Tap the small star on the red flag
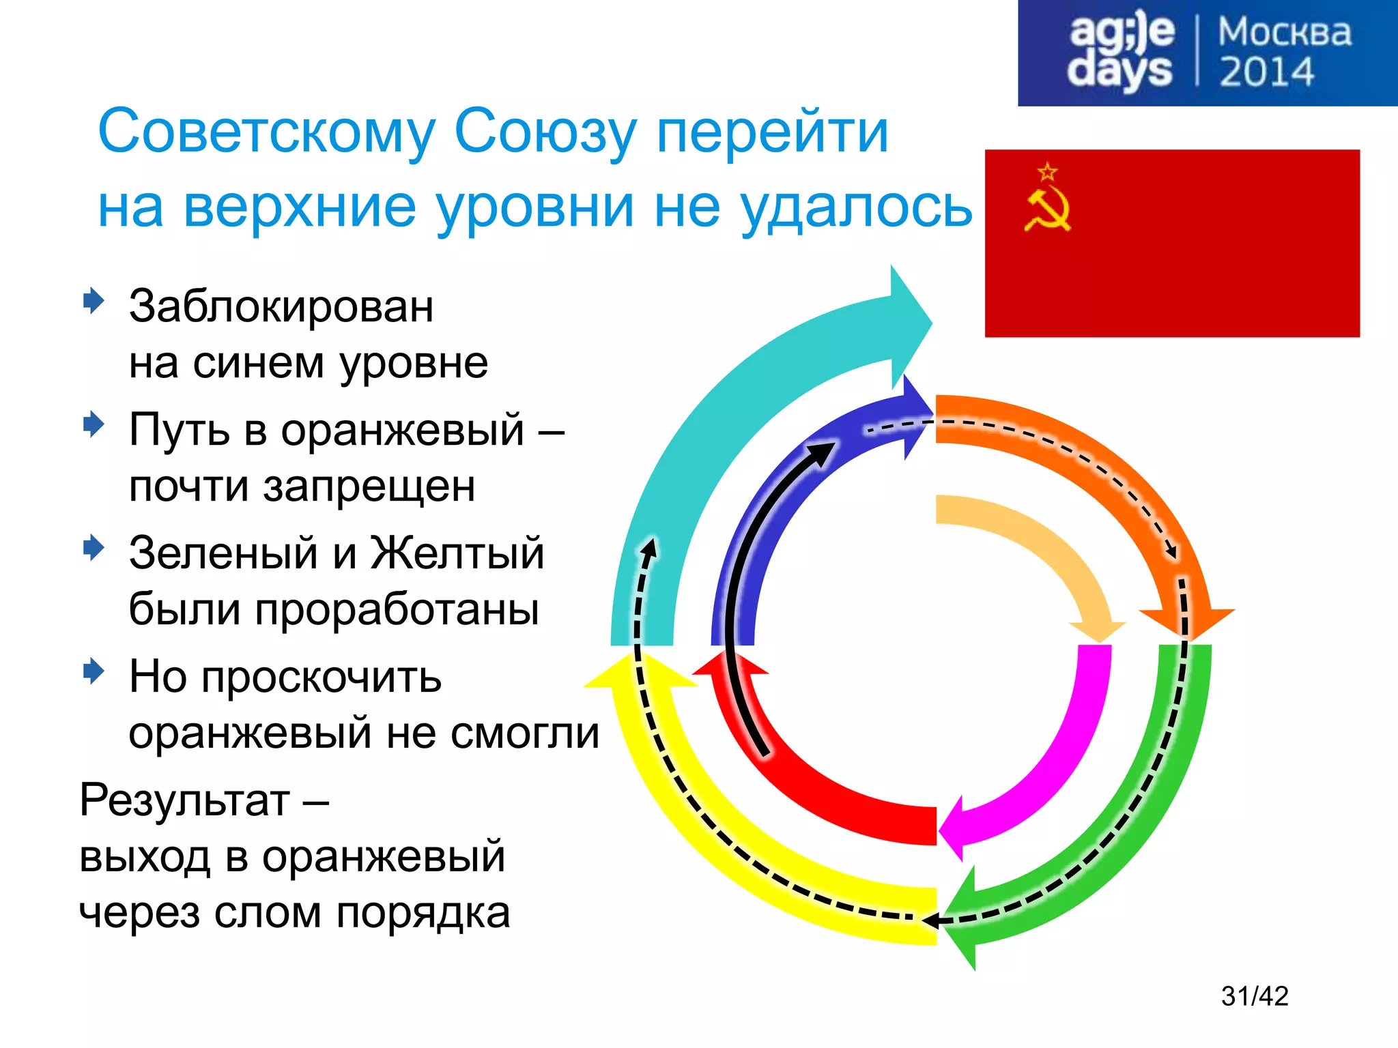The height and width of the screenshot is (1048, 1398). coord(1047,172)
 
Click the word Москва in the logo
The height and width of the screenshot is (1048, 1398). coord(1284,32)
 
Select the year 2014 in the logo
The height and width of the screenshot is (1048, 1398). coord(1266,72)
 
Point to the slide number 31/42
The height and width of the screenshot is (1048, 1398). coord(1254,996)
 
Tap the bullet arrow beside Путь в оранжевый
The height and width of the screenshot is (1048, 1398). coord(93,424)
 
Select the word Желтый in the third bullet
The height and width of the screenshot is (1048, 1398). coord(457,553)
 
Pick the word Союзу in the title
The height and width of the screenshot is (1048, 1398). coord(544,131)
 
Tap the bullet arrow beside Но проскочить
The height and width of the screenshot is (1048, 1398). coord(93,671)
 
